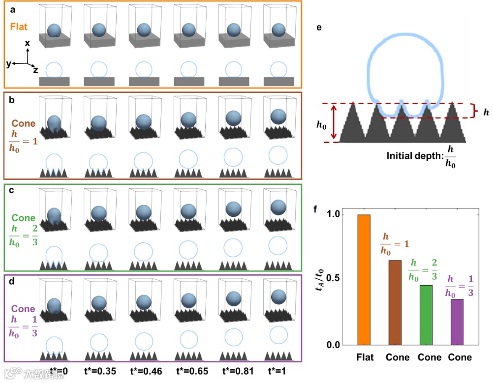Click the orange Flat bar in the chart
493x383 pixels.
[x=364, y=280]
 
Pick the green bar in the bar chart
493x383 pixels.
[x=426, y=315]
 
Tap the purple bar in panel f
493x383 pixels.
[x=457, y=322]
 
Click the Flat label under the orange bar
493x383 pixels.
[x=364, y=357]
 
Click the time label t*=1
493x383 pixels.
[x=278, y=371]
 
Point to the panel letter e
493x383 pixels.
[x=320, y=28]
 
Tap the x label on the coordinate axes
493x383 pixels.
[x=28, y=43]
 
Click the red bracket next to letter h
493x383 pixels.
[x=474, y=111]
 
